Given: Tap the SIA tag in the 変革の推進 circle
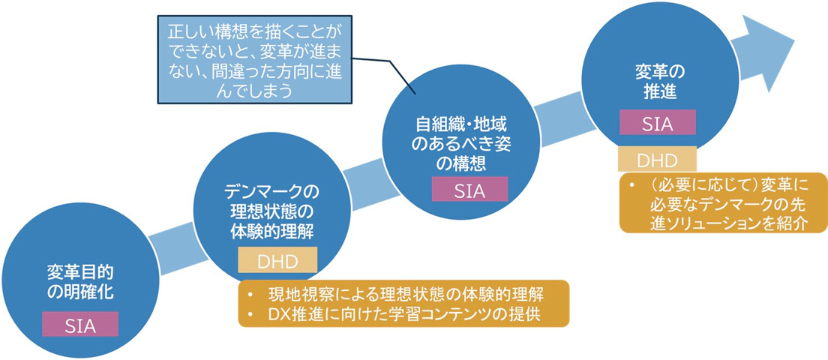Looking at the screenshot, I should pyautogui.click(x=658, y=123).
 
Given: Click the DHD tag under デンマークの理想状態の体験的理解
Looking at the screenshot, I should pyautogui.click(x=277, y=259).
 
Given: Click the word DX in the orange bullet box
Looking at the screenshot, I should pyautogui.click(x=277, y=314).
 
